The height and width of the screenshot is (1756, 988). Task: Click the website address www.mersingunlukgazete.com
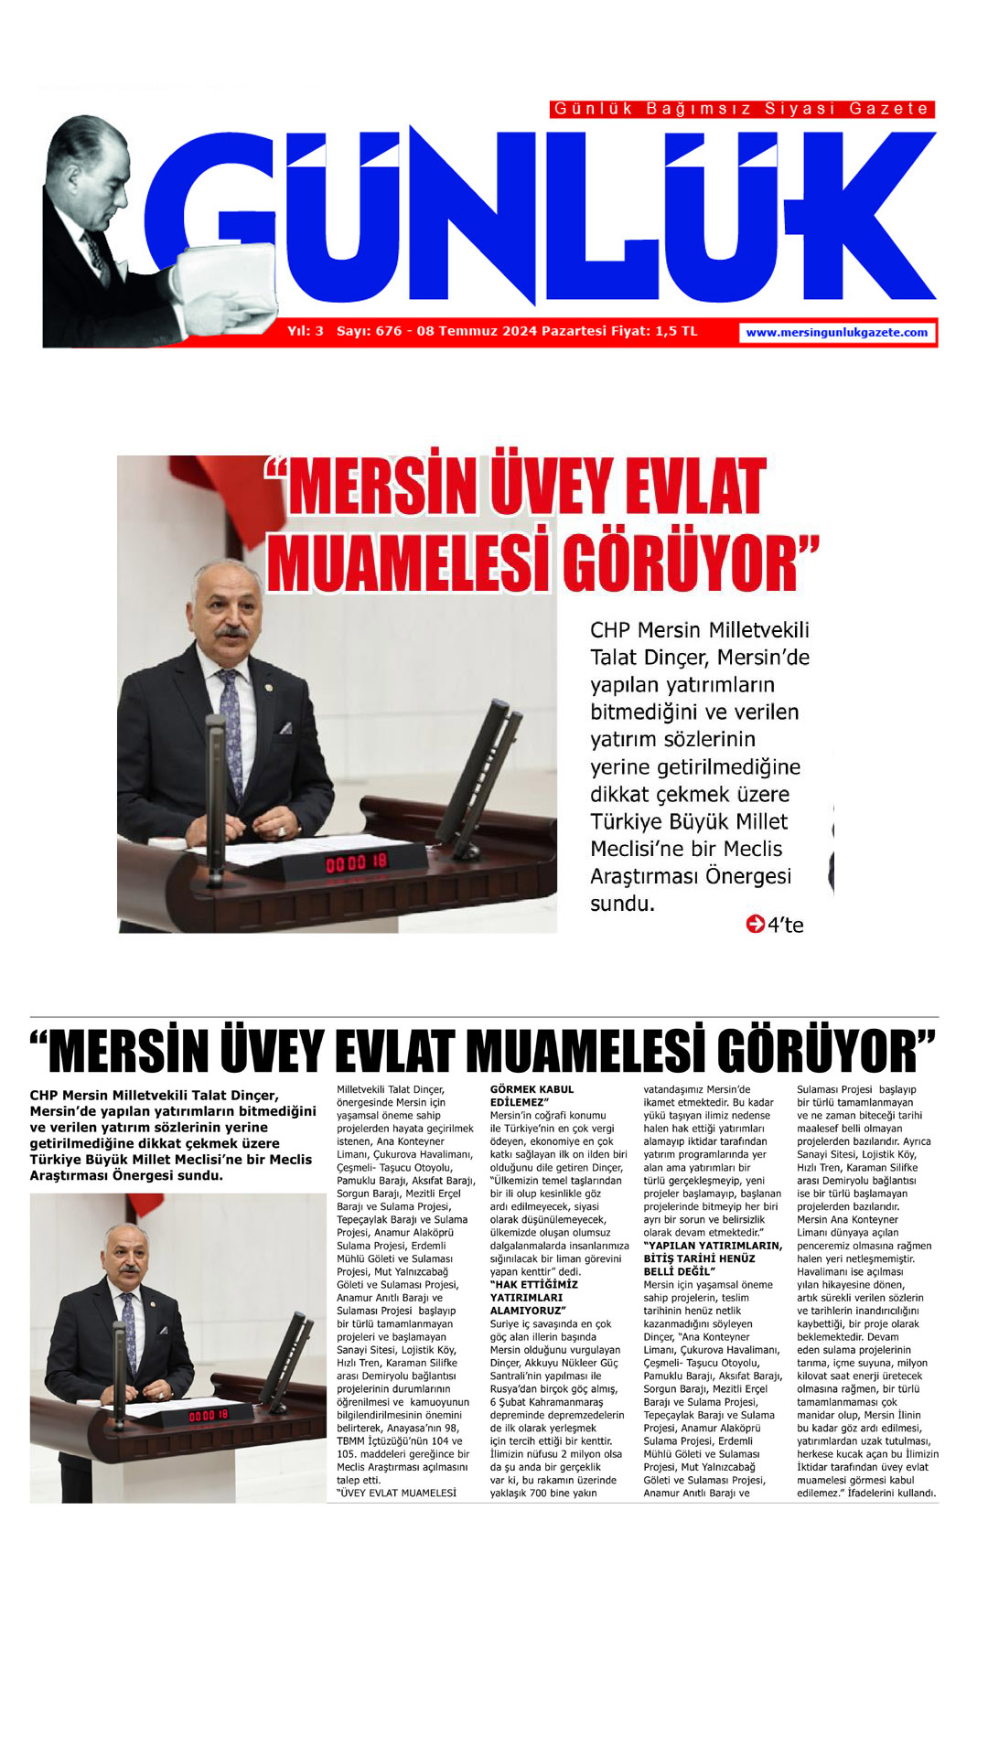click(x=836, y=333)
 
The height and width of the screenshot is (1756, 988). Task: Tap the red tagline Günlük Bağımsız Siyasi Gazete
click(x=742, y=109)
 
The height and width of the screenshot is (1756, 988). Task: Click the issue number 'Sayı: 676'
click(x=369, y=331)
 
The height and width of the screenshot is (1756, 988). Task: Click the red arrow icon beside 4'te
click(x=755, y=924)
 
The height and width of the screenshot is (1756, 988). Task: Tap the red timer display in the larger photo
click(x=357, y=862)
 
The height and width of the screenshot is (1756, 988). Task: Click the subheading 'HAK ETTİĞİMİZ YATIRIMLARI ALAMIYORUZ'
click(x=533, y=1297)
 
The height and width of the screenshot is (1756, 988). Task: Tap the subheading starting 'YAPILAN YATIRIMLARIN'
click(x=712, y=1258)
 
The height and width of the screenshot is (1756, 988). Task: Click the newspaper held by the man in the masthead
click(x=224, y=274)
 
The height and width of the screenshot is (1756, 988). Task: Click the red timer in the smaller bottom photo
click(x=209, y=1415)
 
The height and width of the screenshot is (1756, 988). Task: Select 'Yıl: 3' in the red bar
click(x=306, y=331)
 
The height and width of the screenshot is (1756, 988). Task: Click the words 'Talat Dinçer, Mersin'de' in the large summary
click(x=699, y=658)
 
